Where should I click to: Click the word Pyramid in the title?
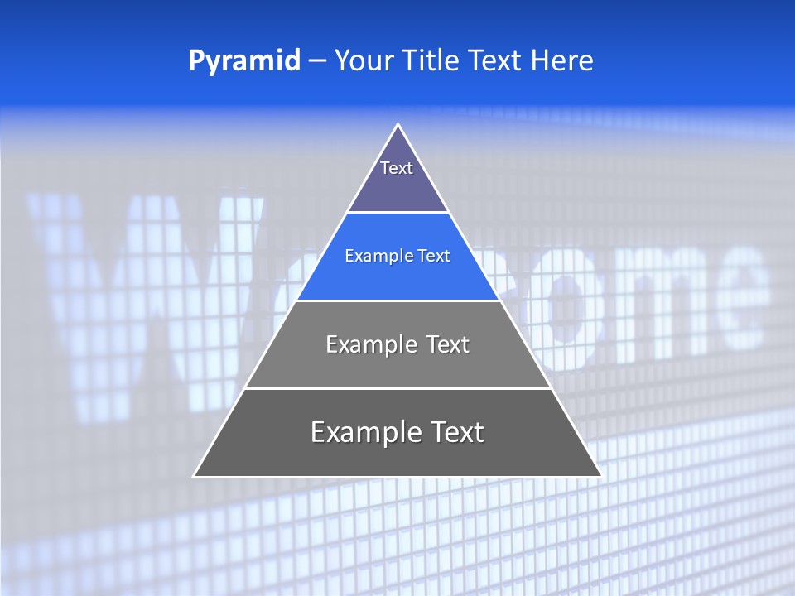tap(243, 61)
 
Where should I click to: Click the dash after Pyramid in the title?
tap(316, 61)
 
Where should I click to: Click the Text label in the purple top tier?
tap(397, 168)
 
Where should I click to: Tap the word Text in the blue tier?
tap(435, 256)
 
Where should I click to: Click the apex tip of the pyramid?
tap(397, 125)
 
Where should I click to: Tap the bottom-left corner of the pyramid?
tap(195, 476)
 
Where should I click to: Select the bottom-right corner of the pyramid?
tap(600, 476)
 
